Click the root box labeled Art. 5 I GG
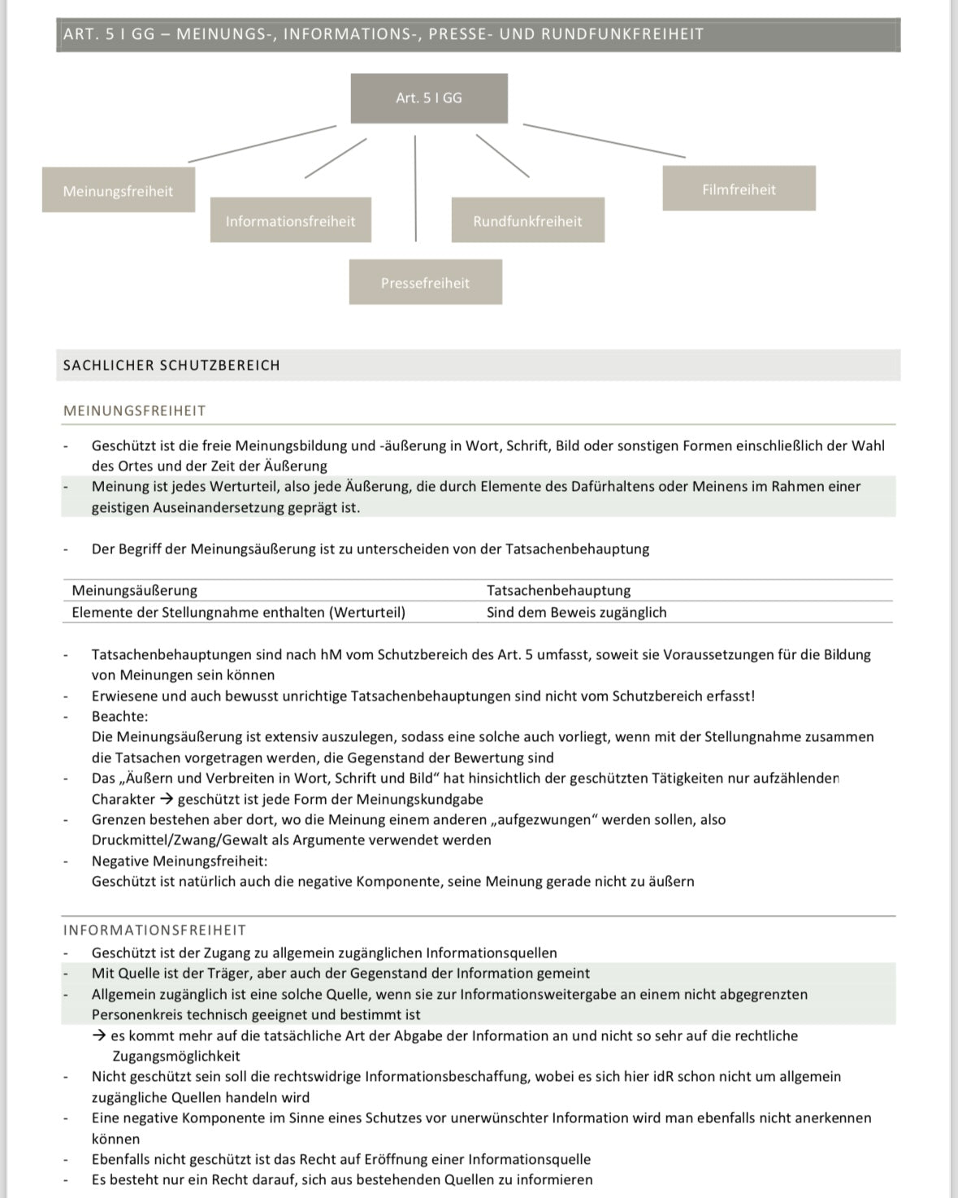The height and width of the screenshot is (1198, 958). pyautogui.click(x=429, y=98)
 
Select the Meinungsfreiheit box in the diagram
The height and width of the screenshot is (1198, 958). pyautogui.click(x=119, y=190)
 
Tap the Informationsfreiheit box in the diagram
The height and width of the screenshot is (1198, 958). pyautogui.click(x=290, y=220)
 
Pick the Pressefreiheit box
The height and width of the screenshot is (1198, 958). pyautogui.click(x=425, y=282)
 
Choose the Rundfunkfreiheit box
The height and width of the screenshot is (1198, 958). pyautogui.click(x=527, y=220)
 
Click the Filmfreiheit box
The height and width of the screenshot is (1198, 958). pyautogui.click(x=739, y=189)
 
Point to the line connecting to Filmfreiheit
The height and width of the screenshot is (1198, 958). pyautogui.click(x=604, y=141)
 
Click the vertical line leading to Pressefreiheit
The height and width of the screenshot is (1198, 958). pyautogui.click(x=415, y=189)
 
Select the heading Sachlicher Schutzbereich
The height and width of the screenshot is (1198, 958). pyautogui.click(x=171, y=366)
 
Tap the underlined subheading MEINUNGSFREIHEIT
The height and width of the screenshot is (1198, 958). pyautogui.click(x=135, y=411)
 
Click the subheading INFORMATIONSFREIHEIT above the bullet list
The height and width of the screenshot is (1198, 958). pyautogui.click(x=154, y=930)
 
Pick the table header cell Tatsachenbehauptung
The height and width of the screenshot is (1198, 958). pyautogui.click(x=558, y=590)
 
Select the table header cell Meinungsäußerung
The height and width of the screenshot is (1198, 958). pyautogui.click(x=135, y=590)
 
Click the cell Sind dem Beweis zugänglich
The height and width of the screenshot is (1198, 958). pyautogui.click(x=576, y=612)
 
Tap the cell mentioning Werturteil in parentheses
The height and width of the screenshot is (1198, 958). pyautogui.click(x=238, y=612)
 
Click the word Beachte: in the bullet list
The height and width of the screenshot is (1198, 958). pyautogui.click(x=119, y=716)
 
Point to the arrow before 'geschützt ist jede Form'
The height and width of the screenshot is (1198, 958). pyautogui.click(x=166, y=799)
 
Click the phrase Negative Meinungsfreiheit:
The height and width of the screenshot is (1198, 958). pyautogui.click(x=179, y=861)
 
